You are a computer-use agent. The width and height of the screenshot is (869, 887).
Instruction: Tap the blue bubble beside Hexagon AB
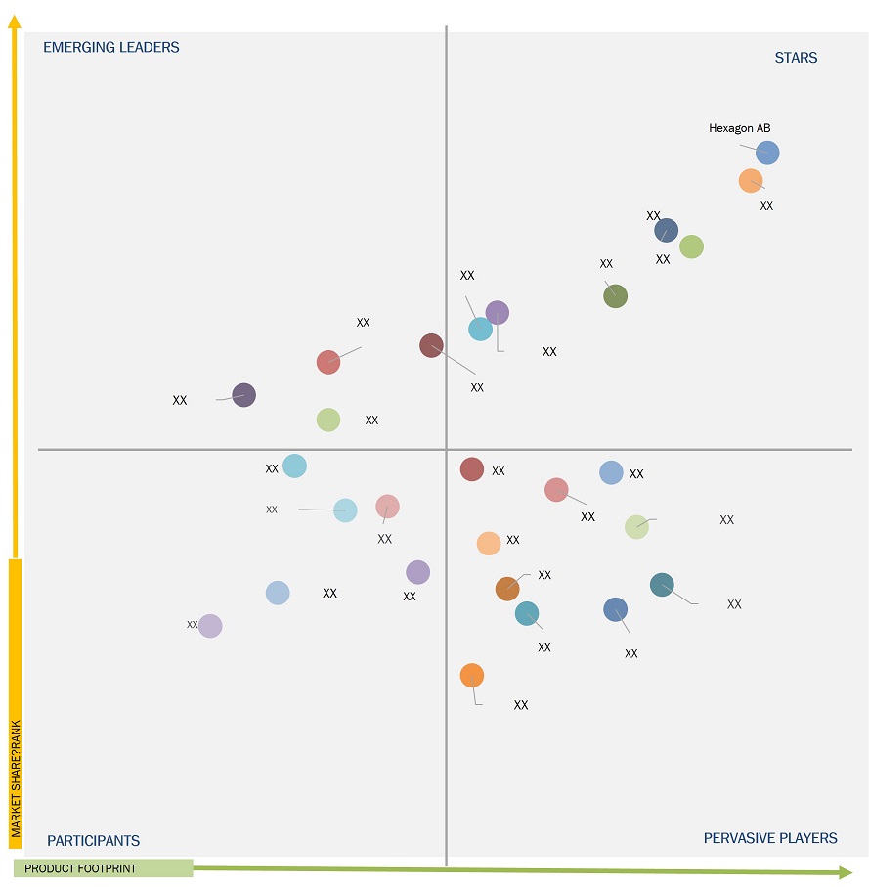pyautogui.click(x=767, y=153)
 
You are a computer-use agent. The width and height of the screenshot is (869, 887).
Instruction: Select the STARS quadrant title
pyautogui.click(x=796, y=58)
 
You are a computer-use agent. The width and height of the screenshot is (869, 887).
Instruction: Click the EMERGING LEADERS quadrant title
pyautogui.click(x=111, y=47)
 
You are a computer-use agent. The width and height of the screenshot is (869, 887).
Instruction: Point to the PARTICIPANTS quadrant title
pyautogui.click(x=94, y=841)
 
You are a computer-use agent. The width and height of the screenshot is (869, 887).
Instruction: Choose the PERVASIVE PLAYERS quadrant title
pyautogui.click(x=770, y=838)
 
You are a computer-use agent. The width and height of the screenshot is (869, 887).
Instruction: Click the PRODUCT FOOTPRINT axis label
pyautogui.click(x=80, y=868)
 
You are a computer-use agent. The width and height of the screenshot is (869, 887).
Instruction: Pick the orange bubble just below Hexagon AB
pyautogui.click(x=750, y=181)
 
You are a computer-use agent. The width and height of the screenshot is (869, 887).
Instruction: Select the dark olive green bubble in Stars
pyautogui.click(x=615, y=295)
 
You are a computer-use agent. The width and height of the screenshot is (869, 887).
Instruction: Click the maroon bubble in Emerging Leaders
pyautogui.click(x=431, y=345)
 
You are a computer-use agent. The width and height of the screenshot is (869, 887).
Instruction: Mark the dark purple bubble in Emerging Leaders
pyautogui.click(x=243, y=395)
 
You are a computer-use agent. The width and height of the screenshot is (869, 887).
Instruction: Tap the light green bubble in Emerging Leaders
pyautogui.click(x=328, y=420)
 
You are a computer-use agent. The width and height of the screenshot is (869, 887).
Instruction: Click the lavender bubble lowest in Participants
pyautogui.click(x=210, y=626)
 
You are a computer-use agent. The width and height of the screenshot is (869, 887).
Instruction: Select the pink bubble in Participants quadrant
pyautogui.click(x=388, y=507)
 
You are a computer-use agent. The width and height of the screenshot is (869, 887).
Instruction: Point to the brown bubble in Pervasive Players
pyautogui.click(x=507, y=589)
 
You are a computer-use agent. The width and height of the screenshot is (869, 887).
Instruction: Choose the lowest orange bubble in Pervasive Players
pyautogui.click(x=472, y=676)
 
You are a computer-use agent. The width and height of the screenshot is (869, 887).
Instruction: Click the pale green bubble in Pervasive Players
pyautogui.click(x=636, y=527)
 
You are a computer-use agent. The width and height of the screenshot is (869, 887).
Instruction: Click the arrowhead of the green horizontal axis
pyautogui.click(x=845, y=871)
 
